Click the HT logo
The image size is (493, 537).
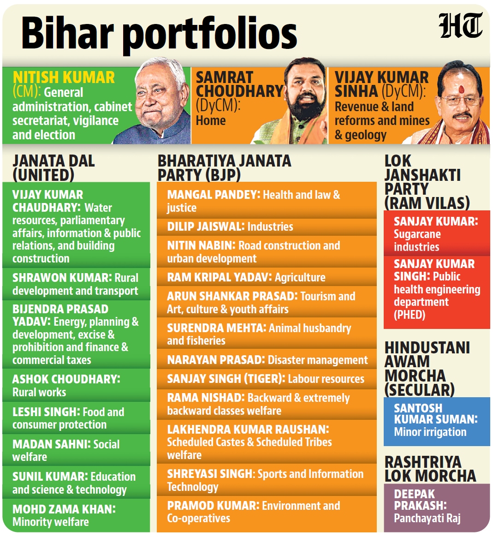pos(461,26)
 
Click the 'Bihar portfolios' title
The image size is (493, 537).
pos(159,34)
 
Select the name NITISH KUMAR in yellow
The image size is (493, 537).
pos(64,78)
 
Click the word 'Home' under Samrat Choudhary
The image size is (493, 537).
pos(211,120)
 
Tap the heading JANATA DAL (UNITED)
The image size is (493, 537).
pos(53,168)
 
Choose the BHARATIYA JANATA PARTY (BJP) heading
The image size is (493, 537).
pos(224,168)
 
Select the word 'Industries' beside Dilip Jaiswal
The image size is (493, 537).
pos(270,227)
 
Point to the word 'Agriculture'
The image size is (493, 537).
pos(300,277)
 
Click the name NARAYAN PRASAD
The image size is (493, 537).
pos(216,360)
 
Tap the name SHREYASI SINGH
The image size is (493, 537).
pos(211,474)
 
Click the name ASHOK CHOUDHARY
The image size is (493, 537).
pos(66,379)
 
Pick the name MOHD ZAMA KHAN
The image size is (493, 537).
pos(64,509)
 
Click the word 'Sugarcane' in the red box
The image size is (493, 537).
pos(417,235)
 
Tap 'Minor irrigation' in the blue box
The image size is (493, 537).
pos(430,432)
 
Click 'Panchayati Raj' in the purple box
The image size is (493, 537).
pos(427,519)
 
